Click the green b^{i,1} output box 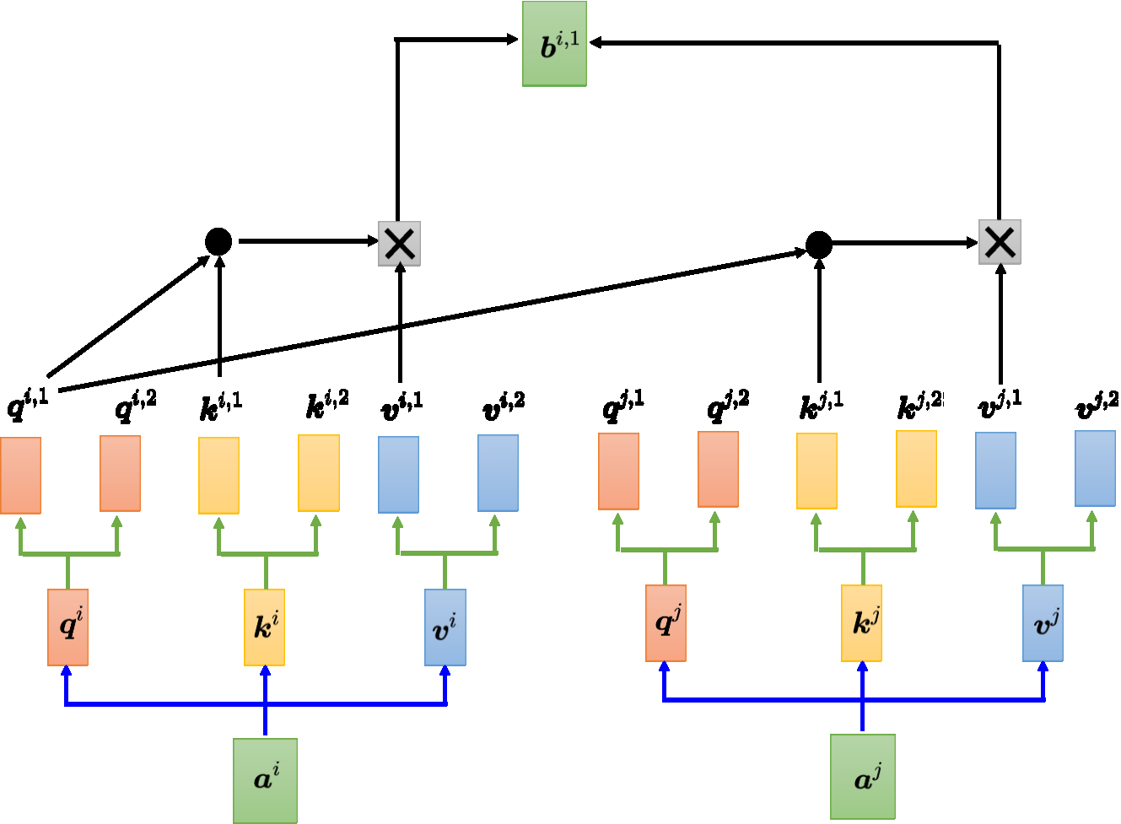pos(554,44)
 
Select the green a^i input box pos(265,780)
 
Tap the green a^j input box pos(862,777)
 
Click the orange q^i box pos(67,627)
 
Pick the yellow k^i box pos(264,627)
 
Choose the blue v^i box pos(445,627)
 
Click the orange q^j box pos(666,623)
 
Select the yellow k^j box pos(861,623)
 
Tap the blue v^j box pos(1043,623)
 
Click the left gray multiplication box pos(399,244)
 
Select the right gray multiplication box pos(1000,243)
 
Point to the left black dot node pos(218,242)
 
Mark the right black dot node pos(818,245)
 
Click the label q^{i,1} pos(27,404)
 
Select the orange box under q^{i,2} pos(120,473)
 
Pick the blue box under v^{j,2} pos(1095,468)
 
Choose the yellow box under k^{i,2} pos(319,473)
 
